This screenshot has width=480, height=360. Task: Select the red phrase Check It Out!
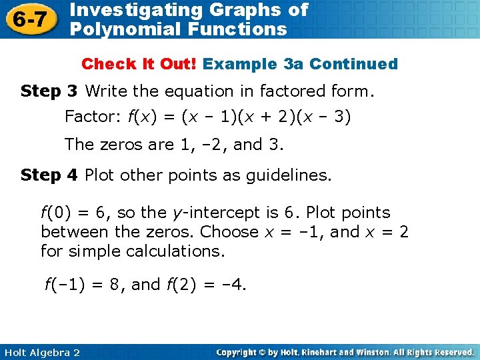pyautogui.click(x=139, y=64)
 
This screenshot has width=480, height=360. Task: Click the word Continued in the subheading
pyautogui.click(x=353, y=64)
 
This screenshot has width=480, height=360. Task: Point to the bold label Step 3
pyautogui.click(x=50, y=91)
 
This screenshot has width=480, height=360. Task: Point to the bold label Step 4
pyautogui.click(x=50, y=175)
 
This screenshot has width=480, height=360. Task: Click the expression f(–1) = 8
pyautogui.click(x=83, y=285)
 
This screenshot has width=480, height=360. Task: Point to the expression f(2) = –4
pyautogui.click(x=205, y=285)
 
